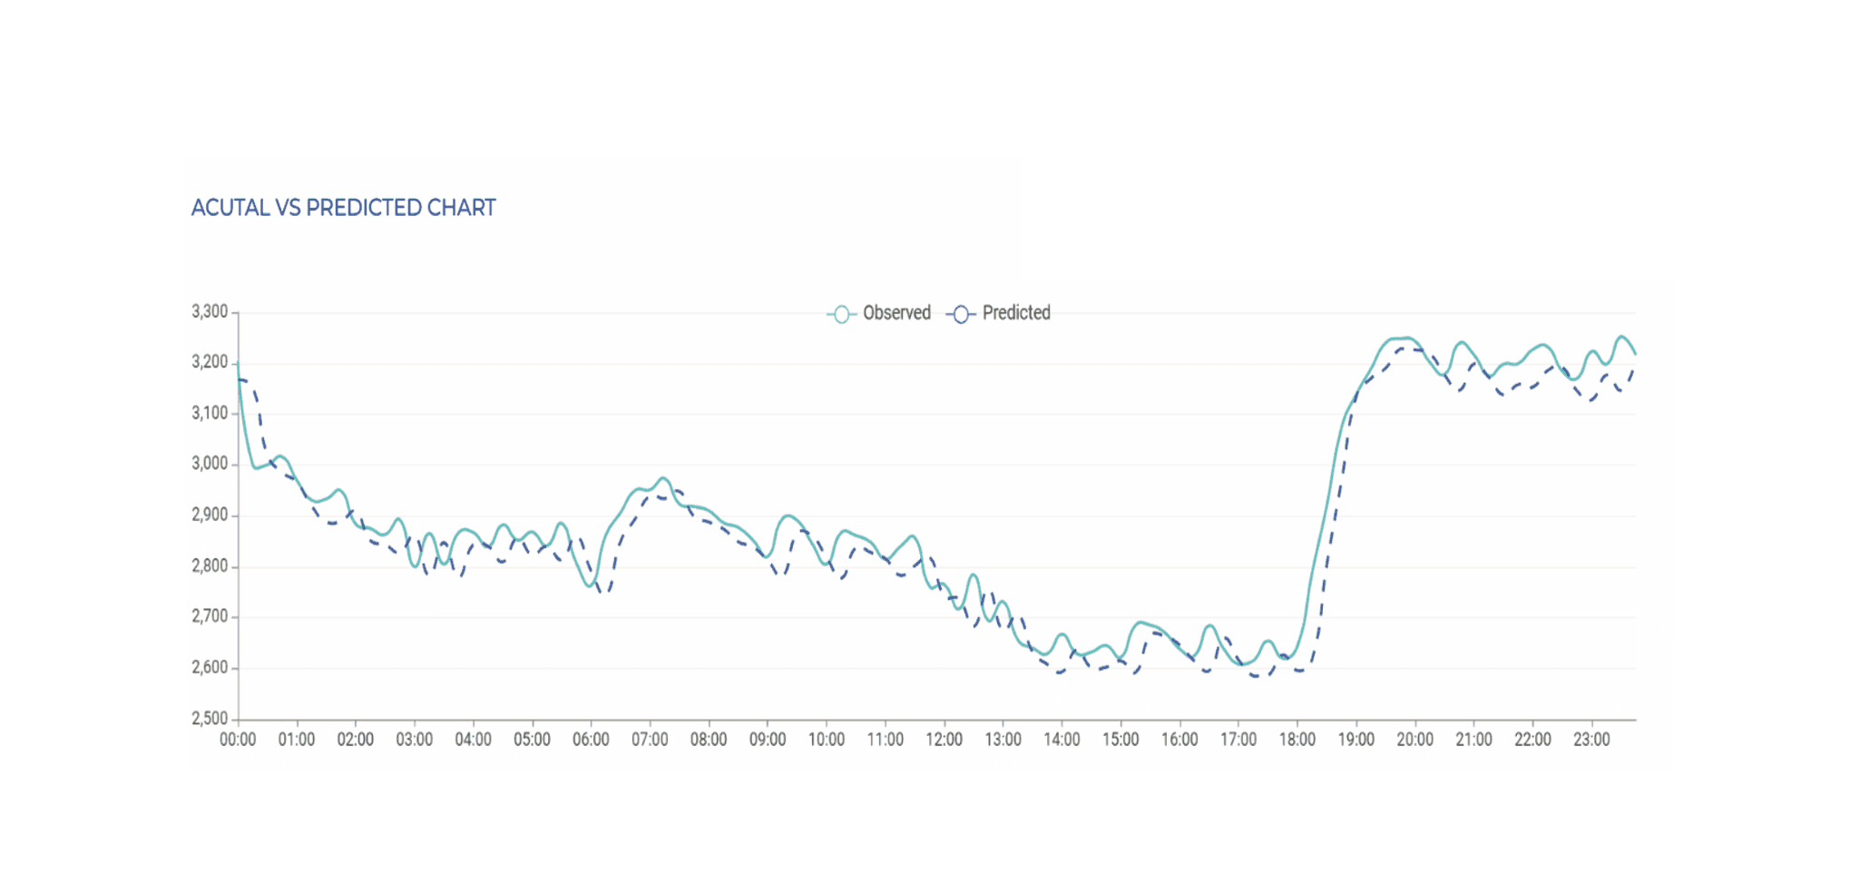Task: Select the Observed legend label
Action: [896, 313]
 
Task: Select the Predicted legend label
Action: [1016, 313]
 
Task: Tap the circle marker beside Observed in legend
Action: [841, 314]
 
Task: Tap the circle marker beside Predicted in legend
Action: [961, 314]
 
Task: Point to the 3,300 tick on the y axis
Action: [210, 312]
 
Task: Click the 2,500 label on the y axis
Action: [210, 719]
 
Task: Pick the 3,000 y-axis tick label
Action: [210, 464]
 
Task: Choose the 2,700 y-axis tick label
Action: [210, 617]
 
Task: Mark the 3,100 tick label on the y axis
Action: [210, 413]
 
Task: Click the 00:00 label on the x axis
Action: [238, 740]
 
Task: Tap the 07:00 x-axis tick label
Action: [650, 740]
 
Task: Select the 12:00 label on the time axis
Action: [944, 740]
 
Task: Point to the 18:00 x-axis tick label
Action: [1297, 740]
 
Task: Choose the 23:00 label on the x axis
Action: [1591, 740]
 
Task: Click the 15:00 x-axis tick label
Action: [1121, 740]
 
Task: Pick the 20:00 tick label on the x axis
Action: [1414, 740]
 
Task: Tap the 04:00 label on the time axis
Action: [473, 740]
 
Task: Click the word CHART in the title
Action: [461, 208]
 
